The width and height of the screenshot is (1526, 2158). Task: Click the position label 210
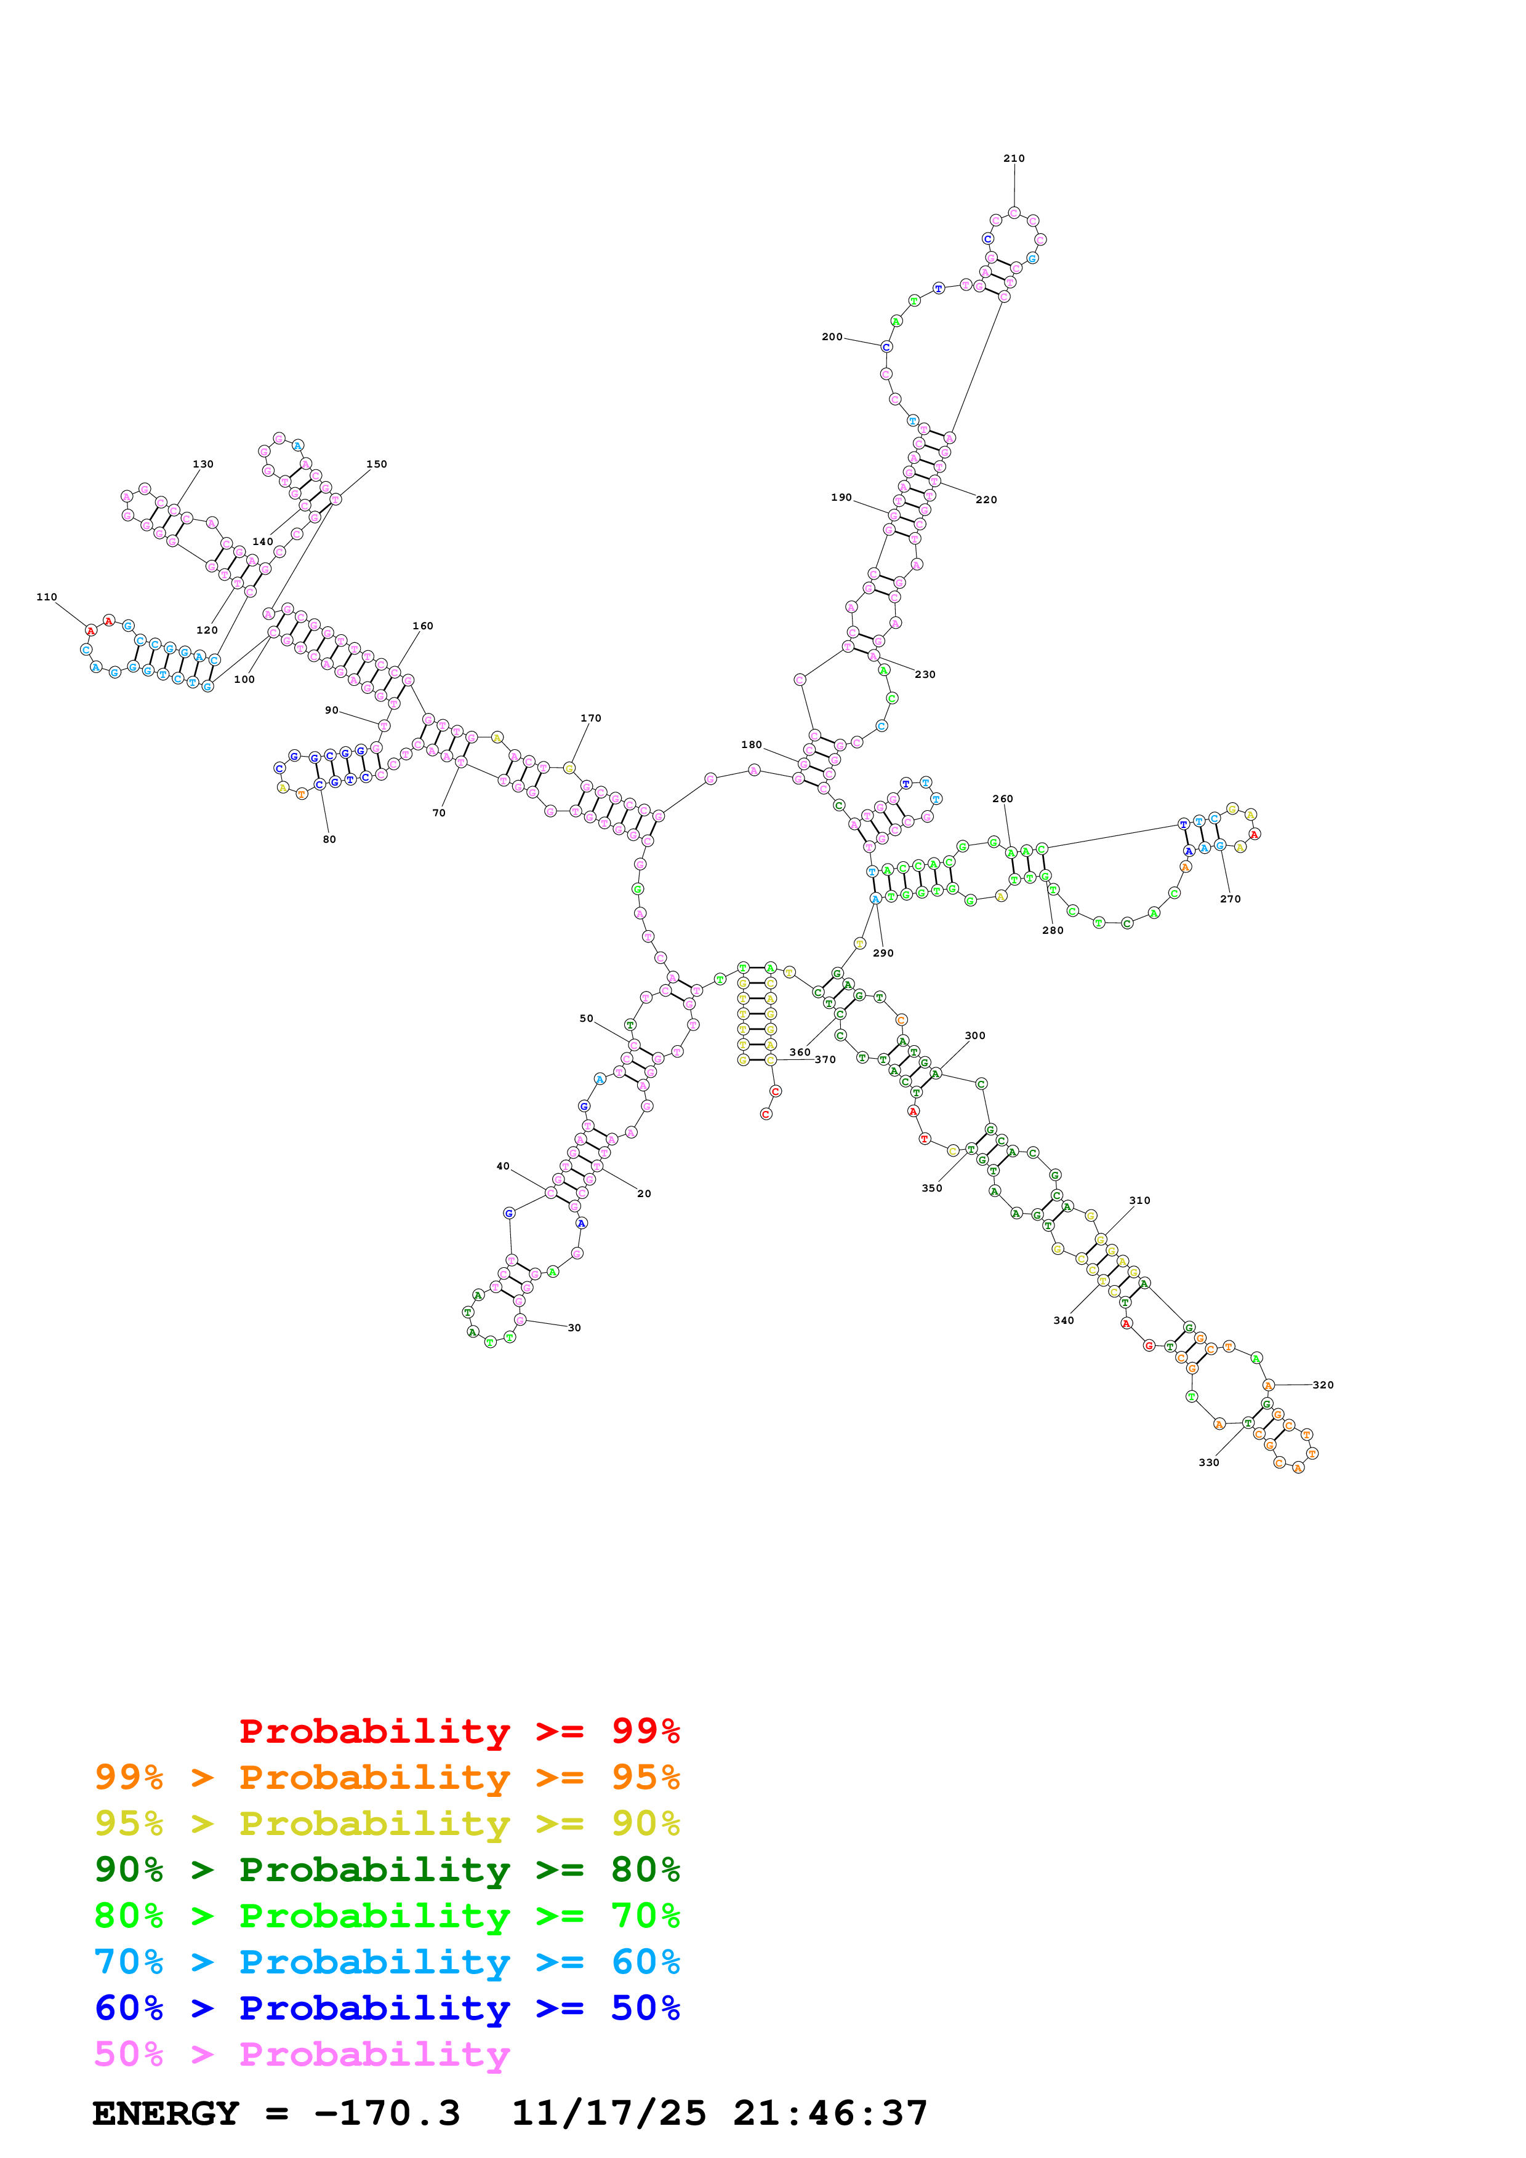[x=1014, y=159]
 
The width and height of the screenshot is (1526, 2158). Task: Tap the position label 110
[x=47, y=597]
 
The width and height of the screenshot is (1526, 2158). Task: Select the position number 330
[x=1208, y=1462]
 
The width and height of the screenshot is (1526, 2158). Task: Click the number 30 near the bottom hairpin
[x=574, y=1328]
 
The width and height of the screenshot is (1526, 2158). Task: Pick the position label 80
[x=329, y=839]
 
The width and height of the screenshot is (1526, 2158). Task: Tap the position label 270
[x=1230, y=899]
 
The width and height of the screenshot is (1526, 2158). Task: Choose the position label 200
[x=832, y=336]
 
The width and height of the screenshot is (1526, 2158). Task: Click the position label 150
[x=376, y=464]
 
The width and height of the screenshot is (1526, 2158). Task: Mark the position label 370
[x=825, y=1059]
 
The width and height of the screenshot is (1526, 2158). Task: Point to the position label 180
[x=751, y=744]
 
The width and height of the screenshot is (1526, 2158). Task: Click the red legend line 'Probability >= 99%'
[x=459, y=1730]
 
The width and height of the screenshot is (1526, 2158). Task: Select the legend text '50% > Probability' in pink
[x=301, y=2055]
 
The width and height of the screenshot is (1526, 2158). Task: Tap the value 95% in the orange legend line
[x=645, y=1777]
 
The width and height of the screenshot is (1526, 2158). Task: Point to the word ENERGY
[x=166, y=2114]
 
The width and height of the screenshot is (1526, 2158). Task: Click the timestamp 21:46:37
[x=830, y=2114]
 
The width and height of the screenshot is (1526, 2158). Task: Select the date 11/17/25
[x=608, y=2114]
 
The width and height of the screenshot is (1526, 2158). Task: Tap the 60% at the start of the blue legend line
[x=129, y=2008]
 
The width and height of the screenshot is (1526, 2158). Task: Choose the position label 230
[x=925, y=674]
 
